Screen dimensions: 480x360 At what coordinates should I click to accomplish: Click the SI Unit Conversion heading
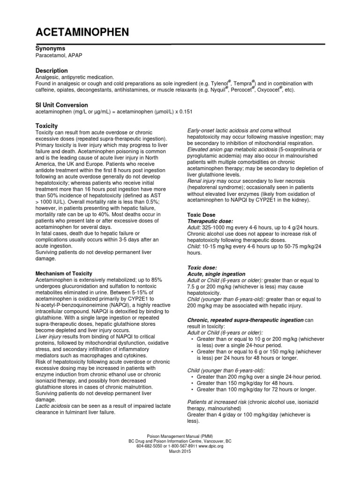(x=62, y=105)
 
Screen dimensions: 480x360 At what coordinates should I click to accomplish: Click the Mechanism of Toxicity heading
(x=64, y=273)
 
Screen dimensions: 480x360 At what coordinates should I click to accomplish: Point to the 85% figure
(x=155, y=279)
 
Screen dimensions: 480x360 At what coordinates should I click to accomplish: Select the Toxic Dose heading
(x=202, y=214)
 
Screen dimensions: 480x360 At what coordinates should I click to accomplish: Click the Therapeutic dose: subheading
(x=210, y=220)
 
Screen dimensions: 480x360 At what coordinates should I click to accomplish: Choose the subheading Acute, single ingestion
(x=216, y=274)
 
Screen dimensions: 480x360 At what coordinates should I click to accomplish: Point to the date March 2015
(x=180, y=452)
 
